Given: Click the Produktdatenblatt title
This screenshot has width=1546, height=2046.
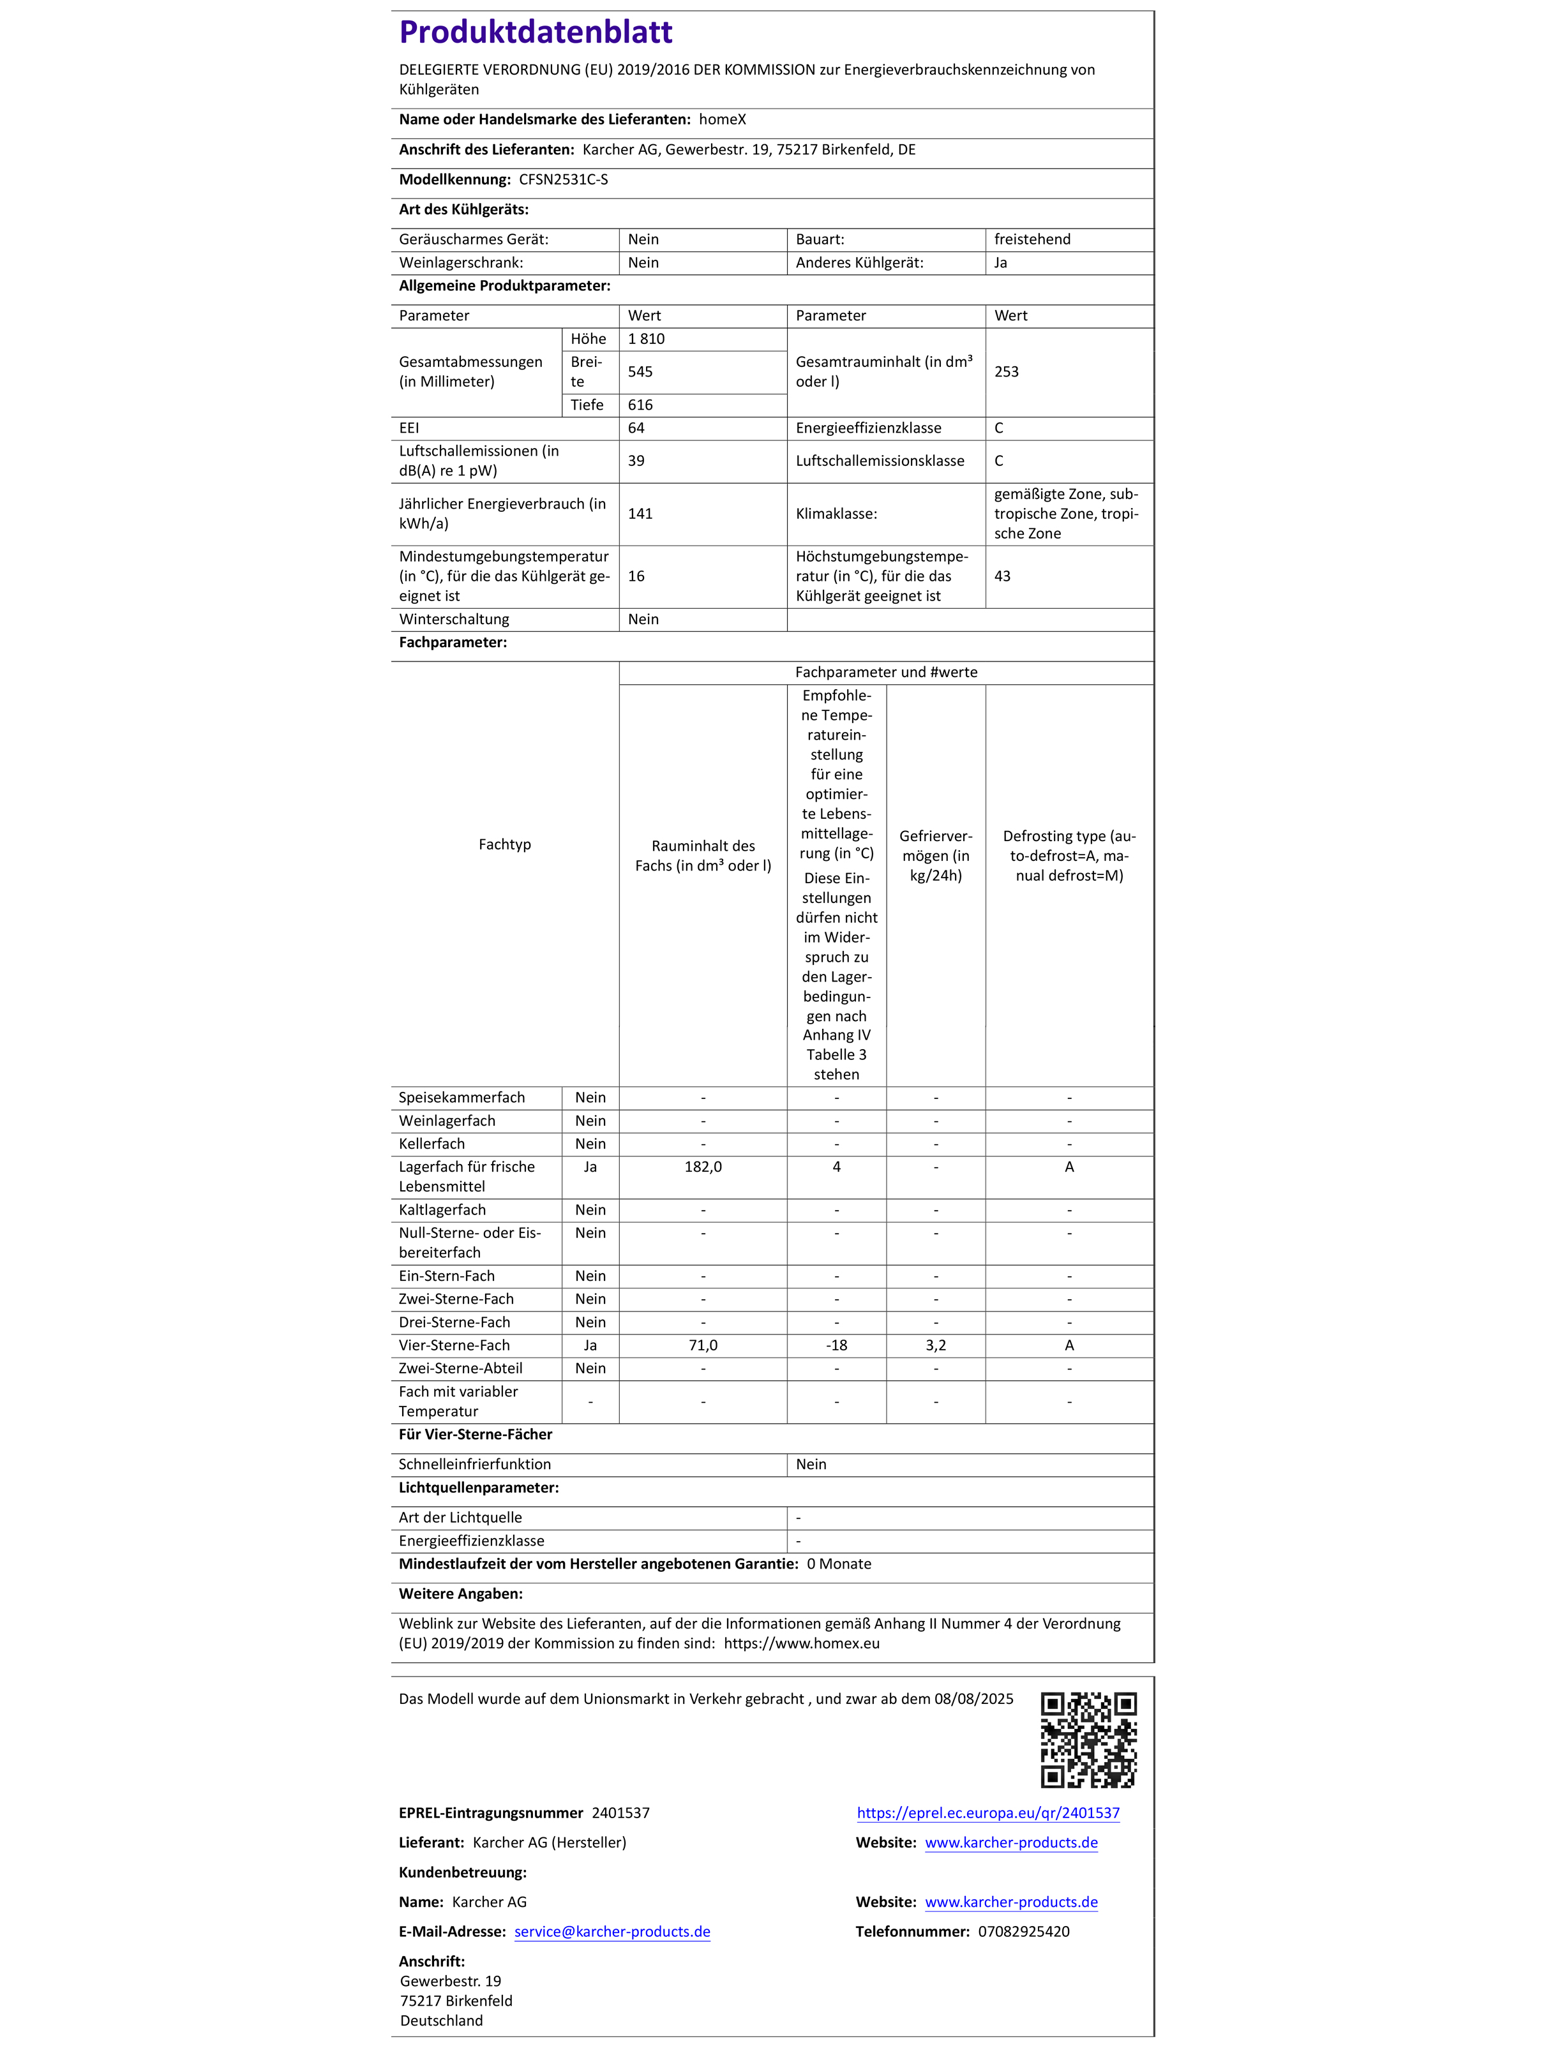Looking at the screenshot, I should [x=535, y=33].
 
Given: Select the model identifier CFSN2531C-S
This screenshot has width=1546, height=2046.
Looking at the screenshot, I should [x=564, y=179].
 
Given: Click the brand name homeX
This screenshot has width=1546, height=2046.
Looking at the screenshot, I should [x=722, y=119].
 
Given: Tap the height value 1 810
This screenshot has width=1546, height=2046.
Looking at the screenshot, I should [x=646, y=338].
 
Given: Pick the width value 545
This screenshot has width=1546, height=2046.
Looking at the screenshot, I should [x=640, y=372].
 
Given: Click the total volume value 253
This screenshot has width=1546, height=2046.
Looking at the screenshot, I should [x=1007, y=372].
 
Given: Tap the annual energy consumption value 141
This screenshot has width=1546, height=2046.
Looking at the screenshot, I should [x=640, y=513].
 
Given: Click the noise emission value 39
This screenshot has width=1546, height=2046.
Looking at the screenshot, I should [x=636, y=461].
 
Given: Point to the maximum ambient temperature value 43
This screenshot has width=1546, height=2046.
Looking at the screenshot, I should [x=1003, y=576].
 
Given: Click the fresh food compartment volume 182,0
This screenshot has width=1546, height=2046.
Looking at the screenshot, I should [x=703, y=1167].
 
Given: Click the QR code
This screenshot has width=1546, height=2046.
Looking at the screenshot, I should [x=1088, y=1740].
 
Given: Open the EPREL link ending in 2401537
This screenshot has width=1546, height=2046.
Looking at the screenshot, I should [x=988, y=1813].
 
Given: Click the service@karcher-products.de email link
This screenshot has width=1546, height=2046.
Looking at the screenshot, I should [x=613, y=1931].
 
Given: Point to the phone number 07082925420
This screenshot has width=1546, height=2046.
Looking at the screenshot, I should [x=1023, y=1931].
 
